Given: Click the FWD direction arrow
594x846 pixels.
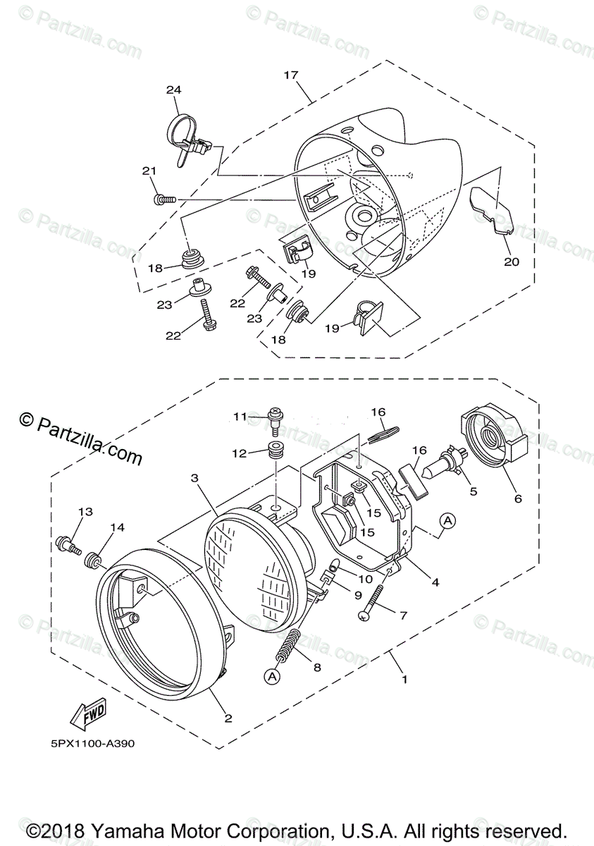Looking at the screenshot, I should coord(87,718).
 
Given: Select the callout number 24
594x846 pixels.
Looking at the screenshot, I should coord(173,90).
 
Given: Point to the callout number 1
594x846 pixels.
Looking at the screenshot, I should coord(404,680).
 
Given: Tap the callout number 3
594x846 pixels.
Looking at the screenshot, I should coord(194,478).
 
